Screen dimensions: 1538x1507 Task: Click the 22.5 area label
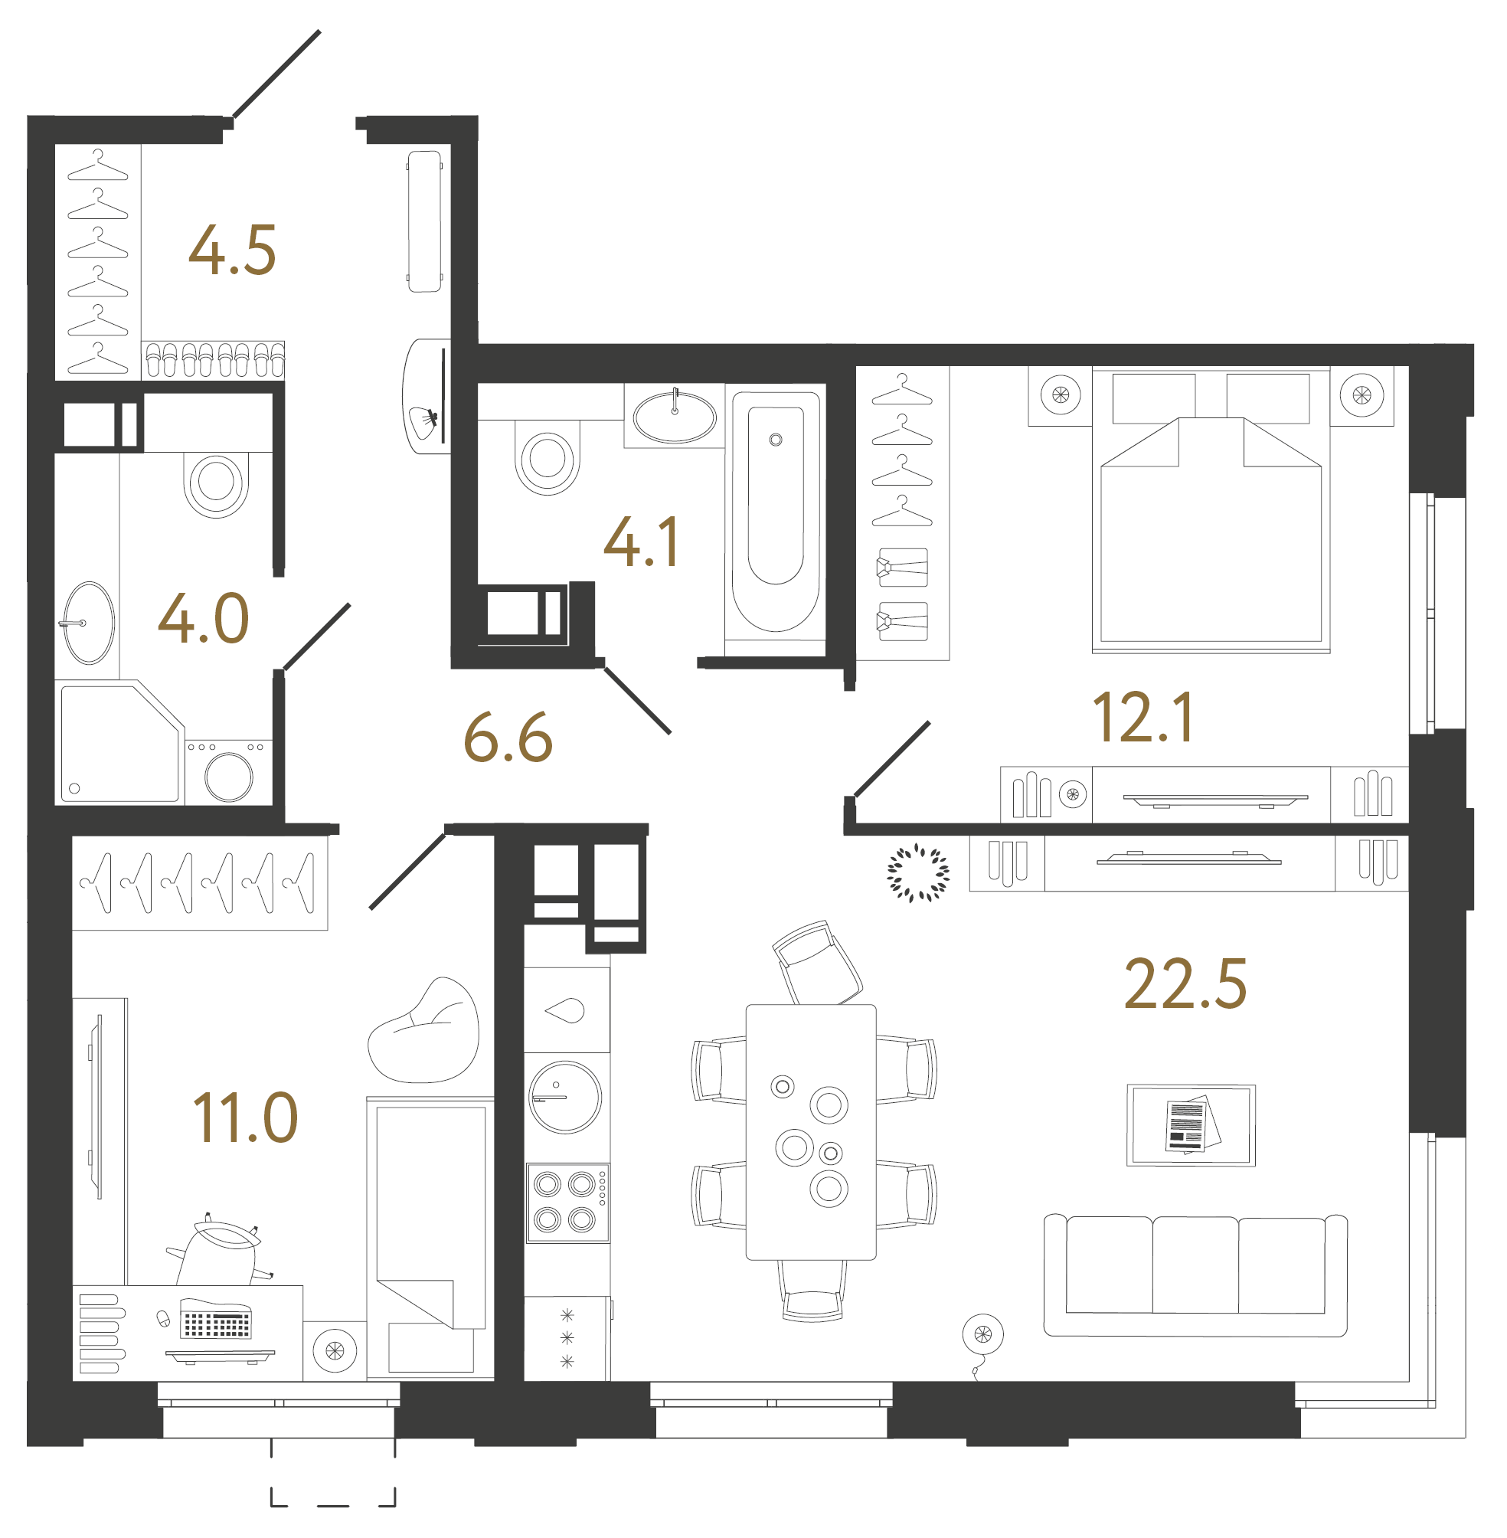1185,985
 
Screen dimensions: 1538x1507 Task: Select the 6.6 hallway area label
508,738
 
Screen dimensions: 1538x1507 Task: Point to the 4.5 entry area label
232,251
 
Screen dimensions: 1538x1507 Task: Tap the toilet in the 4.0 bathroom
216,482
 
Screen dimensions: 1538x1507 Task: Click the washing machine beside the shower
229,774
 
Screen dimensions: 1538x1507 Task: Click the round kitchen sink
565,1097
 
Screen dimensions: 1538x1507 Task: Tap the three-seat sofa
1195,1275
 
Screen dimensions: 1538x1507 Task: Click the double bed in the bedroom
1211,522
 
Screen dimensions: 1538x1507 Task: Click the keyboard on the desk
215,1322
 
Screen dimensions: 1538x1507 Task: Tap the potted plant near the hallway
917,873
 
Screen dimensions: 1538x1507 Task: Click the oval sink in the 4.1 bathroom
675,417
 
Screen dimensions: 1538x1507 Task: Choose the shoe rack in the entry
214,360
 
